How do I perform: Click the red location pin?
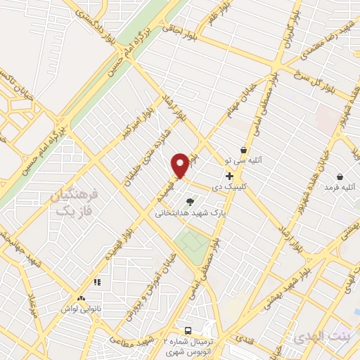tap(180, 165)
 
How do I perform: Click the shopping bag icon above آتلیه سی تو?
tap(243, 150)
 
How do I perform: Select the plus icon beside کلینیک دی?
tap(229, 175)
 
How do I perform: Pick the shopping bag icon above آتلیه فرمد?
tap(340, 176)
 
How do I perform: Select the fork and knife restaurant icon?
tap(97, 282)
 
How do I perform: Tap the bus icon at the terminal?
tap(188, 330)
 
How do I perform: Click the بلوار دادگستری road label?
tap(90, 29)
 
